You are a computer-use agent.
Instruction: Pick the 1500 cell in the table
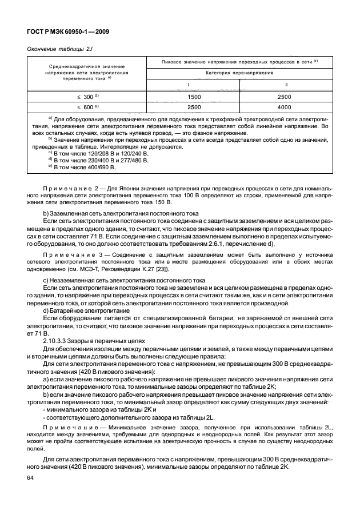pyautogui.click(x=194, y=97)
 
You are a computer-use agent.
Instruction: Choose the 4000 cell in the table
pyautogui.click(x=285, y=107)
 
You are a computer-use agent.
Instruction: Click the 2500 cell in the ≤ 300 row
pyautogui.click(x=285, y=97)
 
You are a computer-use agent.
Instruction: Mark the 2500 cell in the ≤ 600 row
pyautogui.click(x=194, y=107)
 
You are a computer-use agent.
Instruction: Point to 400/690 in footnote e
pyautogui.click(x=95, y=167)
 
